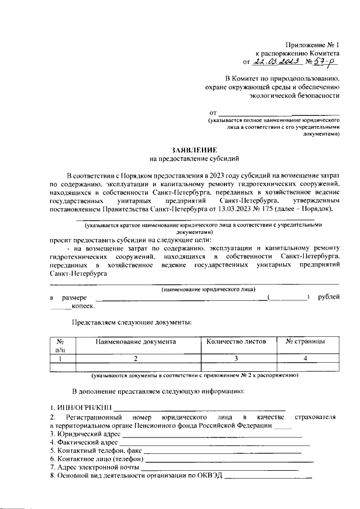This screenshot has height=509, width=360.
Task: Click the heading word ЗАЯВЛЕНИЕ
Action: tap(194, 150)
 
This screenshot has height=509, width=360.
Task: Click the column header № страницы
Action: tap(304, 341)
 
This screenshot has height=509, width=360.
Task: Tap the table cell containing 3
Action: tap(237, 358)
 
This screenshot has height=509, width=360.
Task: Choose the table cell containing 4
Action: tap(304, 358)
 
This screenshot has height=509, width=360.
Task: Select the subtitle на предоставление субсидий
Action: tap(194, 159)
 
